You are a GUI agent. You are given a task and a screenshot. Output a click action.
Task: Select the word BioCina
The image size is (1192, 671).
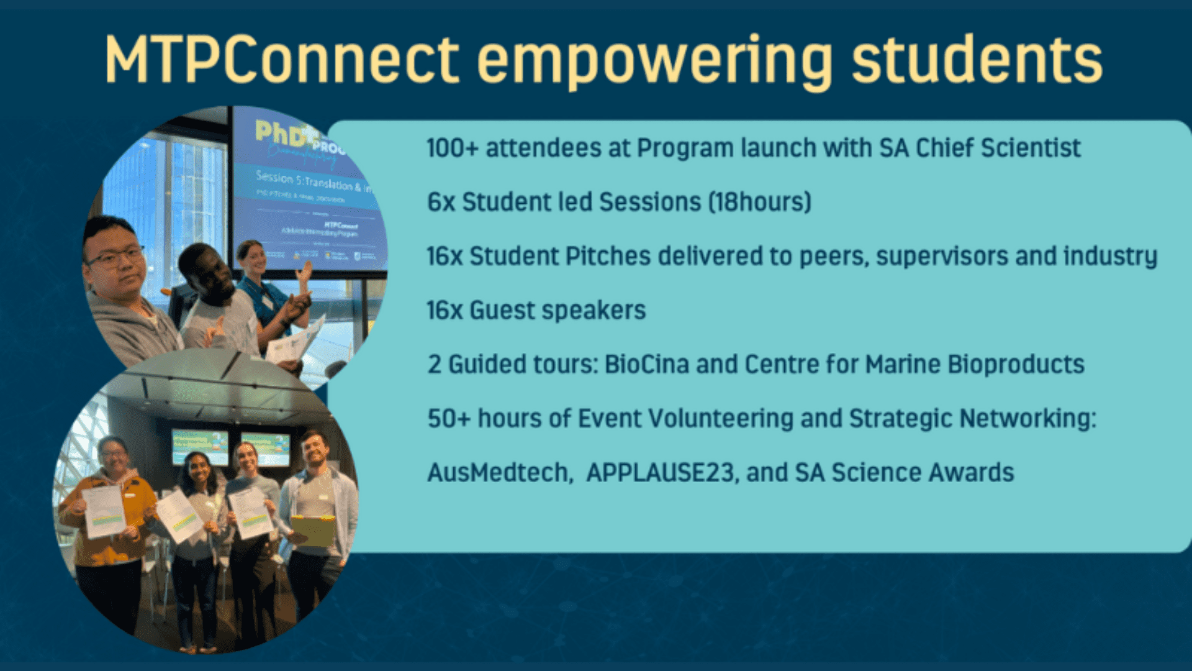(x=646, y=365)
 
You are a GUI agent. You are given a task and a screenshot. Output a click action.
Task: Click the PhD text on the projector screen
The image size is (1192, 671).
(x=283, y=133)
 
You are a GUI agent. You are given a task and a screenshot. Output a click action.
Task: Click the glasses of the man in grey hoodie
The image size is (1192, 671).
(x=116, y=257)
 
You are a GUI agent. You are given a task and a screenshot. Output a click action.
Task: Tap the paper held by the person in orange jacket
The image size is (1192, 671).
(x=104, y=511)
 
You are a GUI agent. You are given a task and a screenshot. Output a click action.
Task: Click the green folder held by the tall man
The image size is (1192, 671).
(x=314, y=531)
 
